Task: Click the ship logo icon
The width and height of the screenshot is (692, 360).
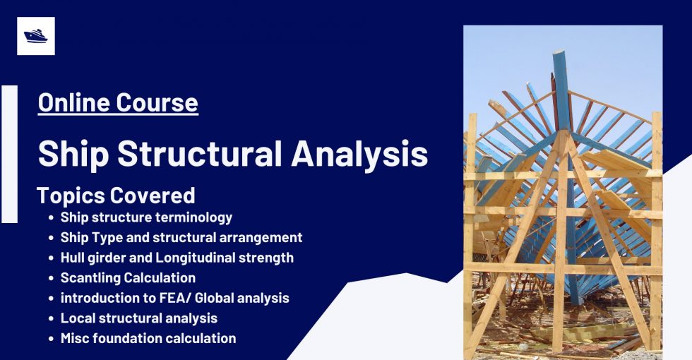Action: click(35, 36)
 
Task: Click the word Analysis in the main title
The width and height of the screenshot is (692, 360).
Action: click(369, 154)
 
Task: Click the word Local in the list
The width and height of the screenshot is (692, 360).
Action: click(76, 318)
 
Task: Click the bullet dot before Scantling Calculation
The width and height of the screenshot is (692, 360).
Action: click(52, 279)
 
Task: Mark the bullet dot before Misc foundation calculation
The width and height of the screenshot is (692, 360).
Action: click(52, 339)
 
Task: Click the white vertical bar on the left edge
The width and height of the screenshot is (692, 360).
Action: click(9, 154)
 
